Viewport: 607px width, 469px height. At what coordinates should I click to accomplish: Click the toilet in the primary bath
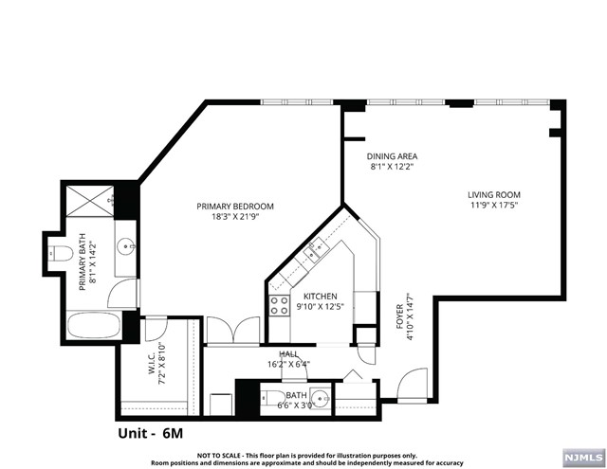click(60, 254)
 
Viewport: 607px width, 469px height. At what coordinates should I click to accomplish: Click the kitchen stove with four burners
click(280, 304)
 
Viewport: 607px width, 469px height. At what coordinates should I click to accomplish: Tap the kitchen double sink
click(316, 250)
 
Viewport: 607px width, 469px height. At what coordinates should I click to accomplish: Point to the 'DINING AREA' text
click(394, 156)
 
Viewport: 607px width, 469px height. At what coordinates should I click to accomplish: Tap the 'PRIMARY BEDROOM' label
click(235, 207)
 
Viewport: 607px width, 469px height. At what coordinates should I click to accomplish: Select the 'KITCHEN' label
click(320, 296)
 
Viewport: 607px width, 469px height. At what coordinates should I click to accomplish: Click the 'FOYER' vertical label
click(399, 316)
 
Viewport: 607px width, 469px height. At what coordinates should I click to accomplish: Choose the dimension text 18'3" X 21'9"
click(235, 217)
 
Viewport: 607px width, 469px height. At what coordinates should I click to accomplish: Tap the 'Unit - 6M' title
click(151, 432)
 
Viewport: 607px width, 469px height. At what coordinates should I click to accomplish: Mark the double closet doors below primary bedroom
click(231, 330)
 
